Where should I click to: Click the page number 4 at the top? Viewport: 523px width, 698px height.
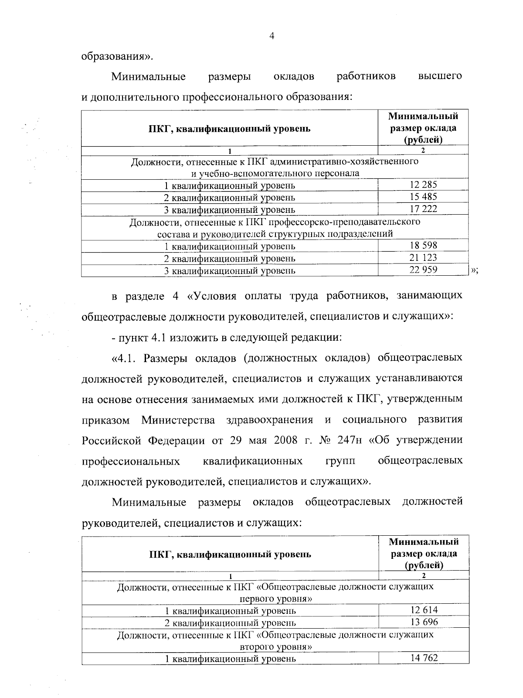pyautogui.click(x=272, y=37)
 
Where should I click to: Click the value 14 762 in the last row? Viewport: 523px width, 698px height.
pyautogui.click(x=424, y=658)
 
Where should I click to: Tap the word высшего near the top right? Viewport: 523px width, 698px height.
pyautogui.click(x=440, y=76)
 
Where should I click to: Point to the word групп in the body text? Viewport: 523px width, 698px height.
pyautogui.click(x=340, y=461)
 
